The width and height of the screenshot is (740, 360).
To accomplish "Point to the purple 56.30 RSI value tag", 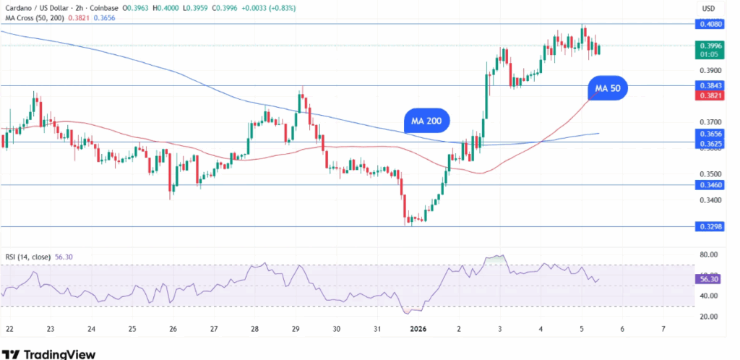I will coord(706,278).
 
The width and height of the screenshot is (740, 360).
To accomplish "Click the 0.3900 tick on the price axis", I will coord(707,70).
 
